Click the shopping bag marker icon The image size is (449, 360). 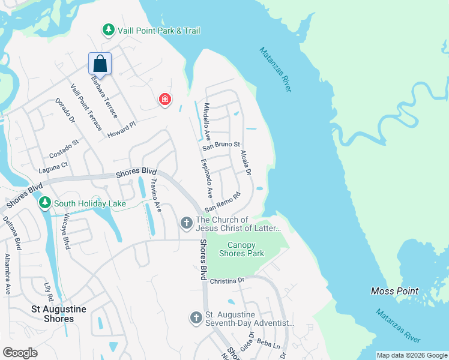tap(100, 64)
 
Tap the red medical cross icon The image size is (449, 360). tap(164, 100)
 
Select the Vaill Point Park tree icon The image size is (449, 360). tap(108, 29)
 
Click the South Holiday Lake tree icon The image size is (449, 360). tap(44, 203)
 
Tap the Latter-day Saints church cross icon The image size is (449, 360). tap(186, 224)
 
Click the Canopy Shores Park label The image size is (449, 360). tap(241, 249)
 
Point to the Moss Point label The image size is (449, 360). tap(394, 291)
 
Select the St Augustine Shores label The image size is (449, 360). tap(59, 314)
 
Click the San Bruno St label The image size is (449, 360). tap(221, 145)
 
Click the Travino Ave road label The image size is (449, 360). tap(155, 196)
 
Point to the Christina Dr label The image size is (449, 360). tap(227, 281)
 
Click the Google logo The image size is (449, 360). tap(20, 353)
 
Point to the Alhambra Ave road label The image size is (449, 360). tap(8, 274)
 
